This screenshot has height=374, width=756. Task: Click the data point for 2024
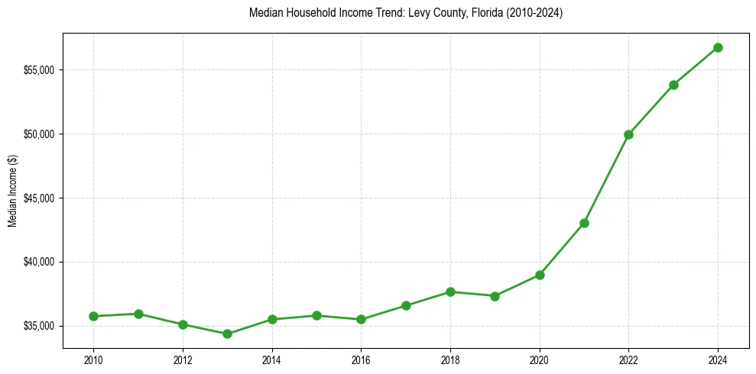tap(718, 47)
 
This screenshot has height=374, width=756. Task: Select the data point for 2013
tap(227, 334)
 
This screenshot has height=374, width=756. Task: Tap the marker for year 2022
tap(628, 134)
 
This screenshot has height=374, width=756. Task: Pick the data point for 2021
tap(584, 223)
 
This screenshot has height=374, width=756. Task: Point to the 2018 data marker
tap(450, 292)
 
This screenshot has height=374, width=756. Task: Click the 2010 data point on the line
tap(93, 316)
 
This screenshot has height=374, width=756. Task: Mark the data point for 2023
tap(673, 85)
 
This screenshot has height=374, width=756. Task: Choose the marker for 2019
tap(495, 296)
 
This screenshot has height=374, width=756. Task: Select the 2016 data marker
tap(361, 319)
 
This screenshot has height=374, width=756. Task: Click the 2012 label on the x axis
tap(183, 359)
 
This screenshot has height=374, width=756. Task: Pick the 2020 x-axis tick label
tap(540, 359)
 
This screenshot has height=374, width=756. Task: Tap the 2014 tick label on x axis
tap(272, 359)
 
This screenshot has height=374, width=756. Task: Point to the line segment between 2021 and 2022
tap(606, 179)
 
